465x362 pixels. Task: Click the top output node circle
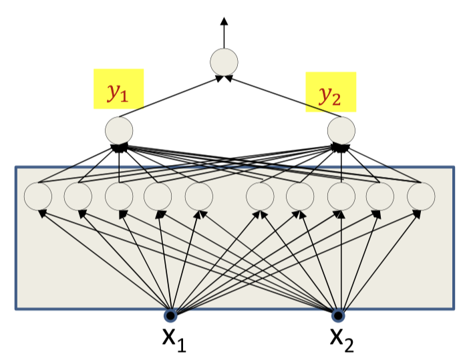click(224, 62)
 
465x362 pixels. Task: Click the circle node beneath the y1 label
click(119, 130)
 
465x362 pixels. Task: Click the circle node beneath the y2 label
click(341, 130)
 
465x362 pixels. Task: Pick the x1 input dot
click(171, 315)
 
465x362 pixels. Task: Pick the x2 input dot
click(339, 315)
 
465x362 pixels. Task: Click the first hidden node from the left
click(38, 196)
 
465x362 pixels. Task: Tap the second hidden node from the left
click(78, 196)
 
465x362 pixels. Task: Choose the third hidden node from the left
click(119, 196)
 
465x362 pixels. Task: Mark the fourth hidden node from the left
click(158, 196)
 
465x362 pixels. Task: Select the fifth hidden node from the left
click(198, 196)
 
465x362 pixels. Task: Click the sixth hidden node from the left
click(260, 196)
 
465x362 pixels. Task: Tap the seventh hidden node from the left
click(300, 196)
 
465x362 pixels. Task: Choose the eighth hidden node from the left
click(341, 196)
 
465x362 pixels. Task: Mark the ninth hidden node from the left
click(380, 196)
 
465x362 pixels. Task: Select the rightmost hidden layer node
click(421, 196)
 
